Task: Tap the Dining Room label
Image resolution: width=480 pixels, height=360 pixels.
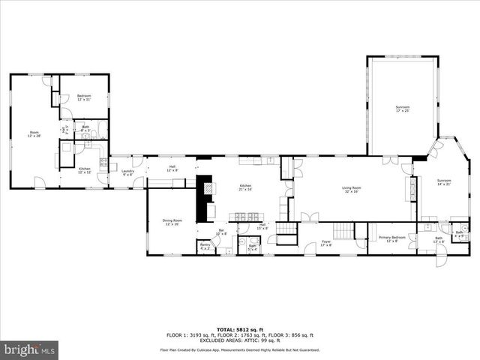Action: click(172, 222)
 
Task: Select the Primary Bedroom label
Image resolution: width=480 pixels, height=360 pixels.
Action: click(391, 238)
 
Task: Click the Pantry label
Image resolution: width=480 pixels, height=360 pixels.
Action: click(204, 246)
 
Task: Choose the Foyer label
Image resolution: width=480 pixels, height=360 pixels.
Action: click(326, 243)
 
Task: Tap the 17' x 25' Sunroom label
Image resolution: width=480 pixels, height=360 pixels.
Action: click(403, 109)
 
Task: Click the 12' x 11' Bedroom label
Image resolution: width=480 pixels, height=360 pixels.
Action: click(84, 97)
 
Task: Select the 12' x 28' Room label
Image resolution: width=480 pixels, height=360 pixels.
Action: click(34, 134)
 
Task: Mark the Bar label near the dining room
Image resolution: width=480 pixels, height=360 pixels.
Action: click(221, 232)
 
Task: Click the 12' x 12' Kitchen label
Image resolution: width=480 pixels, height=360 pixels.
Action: click(85, 170)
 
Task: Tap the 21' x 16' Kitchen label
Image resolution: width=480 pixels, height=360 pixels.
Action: click(246, 187)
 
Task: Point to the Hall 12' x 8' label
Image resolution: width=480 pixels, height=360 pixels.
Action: click(172, 168)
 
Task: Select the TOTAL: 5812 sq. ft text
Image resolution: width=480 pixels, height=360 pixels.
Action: click(240, 329)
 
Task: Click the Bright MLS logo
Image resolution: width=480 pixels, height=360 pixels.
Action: click(30, 349)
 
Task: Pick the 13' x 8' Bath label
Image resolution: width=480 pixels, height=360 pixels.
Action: click(439, 240)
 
